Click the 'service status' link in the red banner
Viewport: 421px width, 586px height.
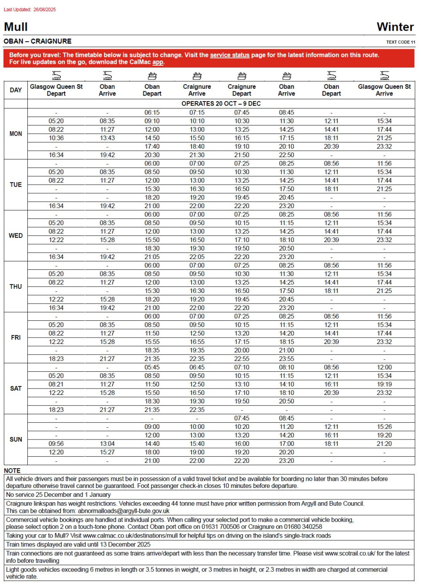click(229, 55)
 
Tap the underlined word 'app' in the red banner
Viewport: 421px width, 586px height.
click(157, 62)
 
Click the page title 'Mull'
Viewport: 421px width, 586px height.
click(16, 27)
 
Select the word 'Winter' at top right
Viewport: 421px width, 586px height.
click(395, 27)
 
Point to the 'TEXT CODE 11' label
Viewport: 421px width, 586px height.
click(400, 42)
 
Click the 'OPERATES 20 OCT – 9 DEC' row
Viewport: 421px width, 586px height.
click(221, 104)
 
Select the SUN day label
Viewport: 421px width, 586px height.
click(16, 439)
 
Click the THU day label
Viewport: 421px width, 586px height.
click(16, 287)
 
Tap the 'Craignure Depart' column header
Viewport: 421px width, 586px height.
click(242, 90)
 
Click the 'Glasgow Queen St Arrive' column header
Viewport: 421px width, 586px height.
click(384, 90)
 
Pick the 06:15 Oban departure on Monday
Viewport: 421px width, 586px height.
click(152, 113)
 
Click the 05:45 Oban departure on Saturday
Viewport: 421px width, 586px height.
click(152, 368)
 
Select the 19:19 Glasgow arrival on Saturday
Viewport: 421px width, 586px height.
click(384, 384)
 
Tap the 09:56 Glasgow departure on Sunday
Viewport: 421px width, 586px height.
click(56, 444)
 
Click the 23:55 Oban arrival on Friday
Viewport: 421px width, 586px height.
click(286, 359)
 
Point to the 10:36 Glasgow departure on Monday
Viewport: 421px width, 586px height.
click(56, 138)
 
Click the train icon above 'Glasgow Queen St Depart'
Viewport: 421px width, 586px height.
click(56, 76)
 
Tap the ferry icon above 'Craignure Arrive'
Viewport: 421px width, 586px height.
click(197, 76)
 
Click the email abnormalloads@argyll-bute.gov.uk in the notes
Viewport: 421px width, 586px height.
click(123, 511)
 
